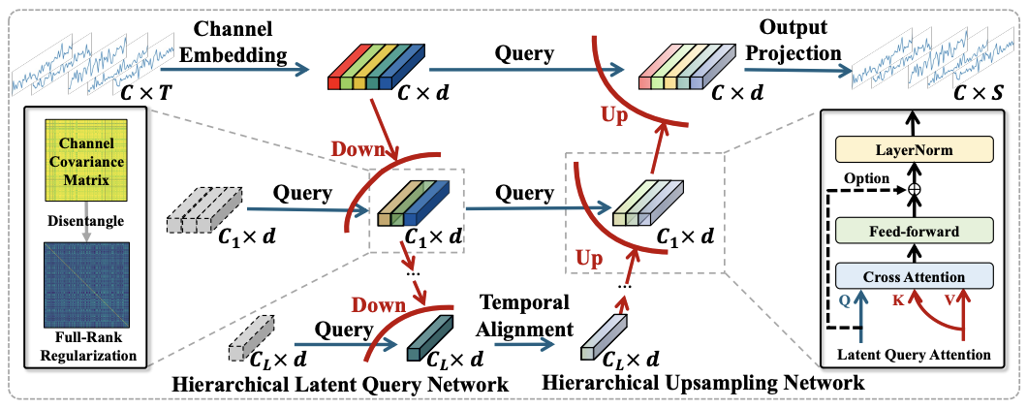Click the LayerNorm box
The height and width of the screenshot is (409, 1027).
tap(915, 150)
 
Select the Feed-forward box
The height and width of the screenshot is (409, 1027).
tap(915, 232)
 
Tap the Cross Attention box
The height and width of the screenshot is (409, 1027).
tap(915, 276)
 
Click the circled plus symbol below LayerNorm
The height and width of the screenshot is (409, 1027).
tap(915, 190)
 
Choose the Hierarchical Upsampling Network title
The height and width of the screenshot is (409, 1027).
tap(700, 384)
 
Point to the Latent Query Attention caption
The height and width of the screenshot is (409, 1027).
tap(915, 355)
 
